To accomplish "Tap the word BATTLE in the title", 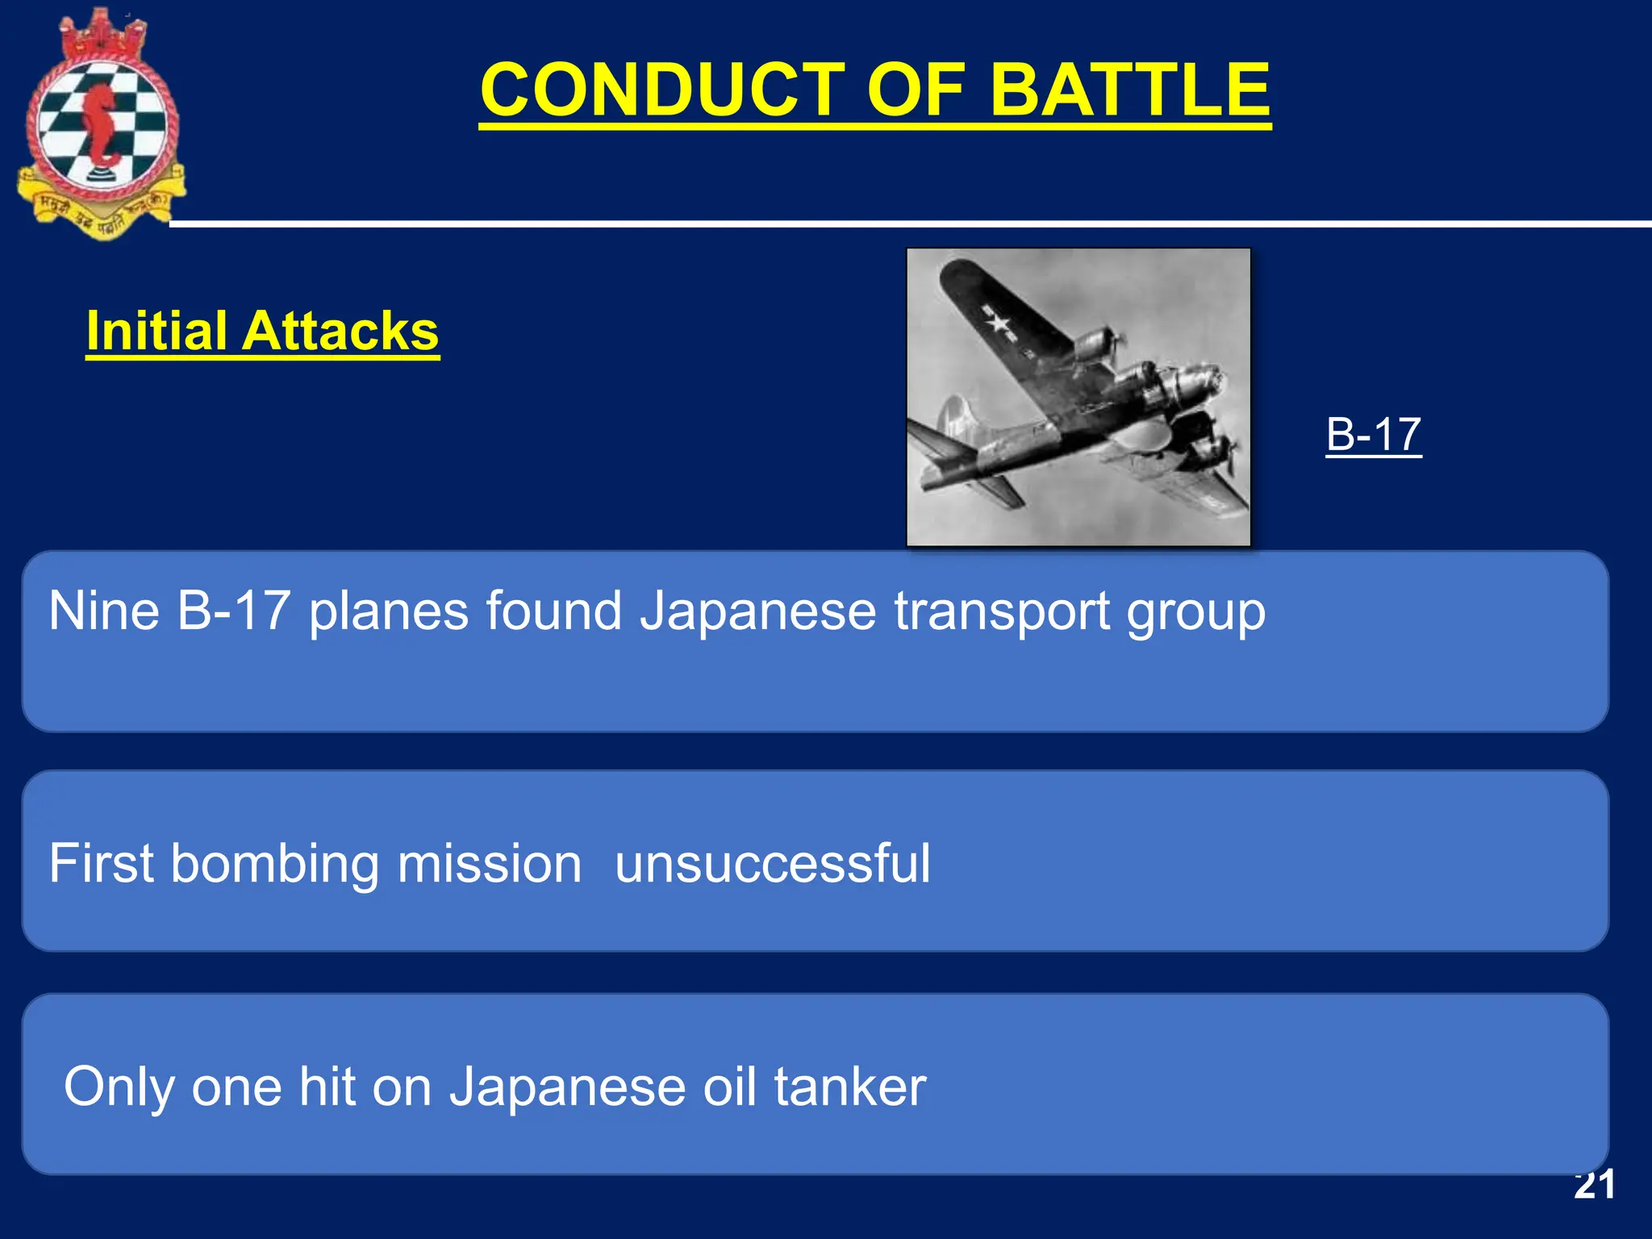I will point(1130,90).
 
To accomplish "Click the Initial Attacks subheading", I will point(262,331).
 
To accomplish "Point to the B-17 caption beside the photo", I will point(1373,434).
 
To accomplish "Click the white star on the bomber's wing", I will point(999,323).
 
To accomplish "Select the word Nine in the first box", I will point(103,611).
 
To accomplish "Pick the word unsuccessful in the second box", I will point(772,863).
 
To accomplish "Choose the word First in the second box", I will point(101,863).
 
